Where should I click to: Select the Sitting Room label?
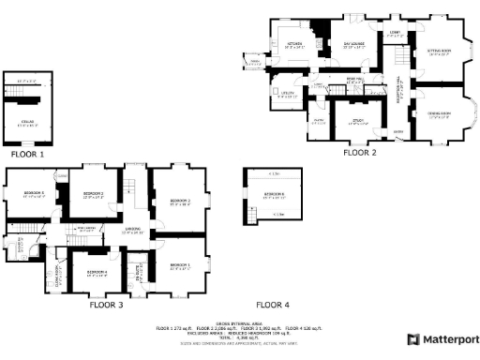point(439,52)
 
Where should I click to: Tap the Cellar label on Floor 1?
point(26,122)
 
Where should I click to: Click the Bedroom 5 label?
point(35,194)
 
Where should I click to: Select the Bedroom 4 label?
point(98,273)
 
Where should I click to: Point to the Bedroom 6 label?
point(275,195)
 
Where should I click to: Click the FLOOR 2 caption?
point(359,152)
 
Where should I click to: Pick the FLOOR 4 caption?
point(274,306)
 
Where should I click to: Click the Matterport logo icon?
point(412,339)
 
